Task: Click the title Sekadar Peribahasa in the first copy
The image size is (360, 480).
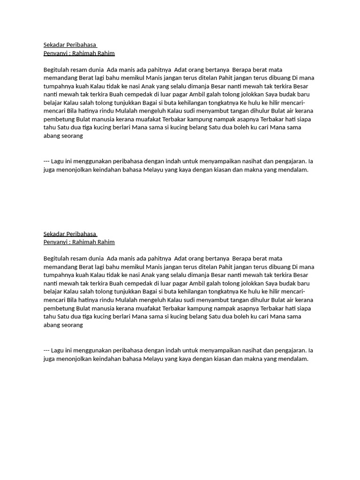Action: coord(69,45)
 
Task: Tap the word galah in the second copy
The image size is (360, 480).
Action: coord(221,283)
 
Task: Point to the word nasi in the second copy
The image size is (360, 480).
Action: coord(150,275)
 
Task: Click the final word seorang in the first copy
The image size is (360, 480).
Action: coord(71,135)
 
